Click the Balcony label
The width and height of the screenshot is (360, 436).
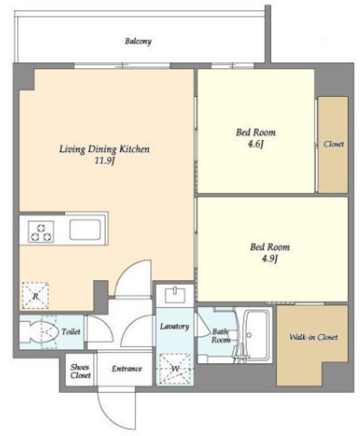tap(138, 42)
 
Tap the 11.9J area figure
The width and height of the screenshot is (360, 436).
tap(104, 161)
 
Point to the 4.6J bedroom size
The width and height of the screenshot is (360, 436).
tap(256, 144)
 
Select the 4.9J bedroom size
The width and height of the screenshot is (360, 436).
tap(269, 259)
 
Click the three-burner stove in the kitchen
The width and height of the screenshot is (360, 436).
tap(41, 232)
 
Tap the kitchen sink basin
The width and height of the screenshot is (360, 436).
tap(85, 230)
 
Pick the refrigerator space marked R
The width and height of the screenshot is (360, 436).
tap(35, 295)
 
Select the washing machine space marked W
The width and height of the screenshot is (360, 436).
tap(175, 369)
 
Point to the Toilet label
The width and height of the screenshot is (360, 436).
tap(71, 332)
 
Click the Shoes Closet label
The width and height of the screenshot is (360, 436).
tap(80, 371)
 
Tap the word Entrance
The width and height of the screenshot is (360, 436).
tap(127, 369)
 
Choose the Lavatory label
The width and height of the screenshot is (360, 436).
tap(175, 326)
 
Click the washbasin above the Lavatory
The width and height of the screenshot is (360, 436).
tap(175, 295)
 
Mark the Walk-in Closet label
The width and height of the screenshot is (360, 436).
tap(314, 337)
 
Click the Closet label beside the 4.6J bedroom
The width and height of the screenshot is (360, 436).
tap(333, 144)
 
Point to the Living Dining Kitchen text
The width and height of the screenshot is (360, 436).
tap(104, 149)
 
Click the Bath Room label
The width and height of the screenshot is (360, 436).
tap(221, 336)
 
